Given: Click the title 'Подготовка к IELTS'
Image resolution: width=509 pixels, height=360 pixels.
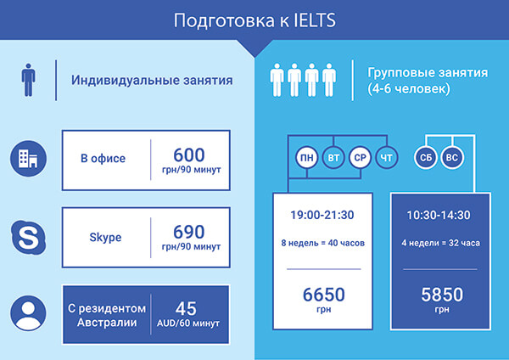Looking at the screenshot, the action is [x=255, y=20].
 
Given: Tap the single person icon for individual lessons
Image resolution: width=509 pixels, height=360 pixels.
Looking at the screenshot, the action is [x=28, y=80].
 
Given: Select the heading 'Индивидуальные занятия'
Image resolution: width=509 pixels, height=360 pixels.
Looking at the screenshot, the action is [x=152, y=81].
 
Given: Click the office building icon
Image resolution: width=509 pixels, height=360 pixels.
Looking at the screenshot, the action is [x=28, y=159].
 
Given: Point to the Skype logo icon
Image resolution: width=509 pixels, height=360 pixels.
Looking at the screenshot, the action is [x=29, y=237].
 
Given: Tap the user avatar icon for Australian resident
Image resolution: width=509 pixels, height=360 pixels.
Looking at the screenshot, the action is [x=28, y=313].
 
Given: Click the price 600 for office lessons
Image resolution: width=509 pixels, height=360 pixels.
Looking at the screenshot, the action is [x=189, y=155].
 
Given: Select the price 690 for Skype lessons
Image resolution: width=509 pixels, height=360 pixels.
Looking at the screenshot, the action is [x=189, y=232].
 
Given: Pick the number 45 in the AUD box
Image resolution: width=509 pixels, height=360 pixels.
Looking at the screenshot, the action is [x=186, y=309].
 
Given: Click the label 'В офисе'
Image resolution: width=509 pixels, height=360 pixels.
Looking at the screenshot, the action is [x=103, y=158].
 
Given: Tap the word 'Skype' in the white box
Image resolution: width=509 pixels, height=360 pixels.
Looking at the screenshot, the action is [x=105, y=237].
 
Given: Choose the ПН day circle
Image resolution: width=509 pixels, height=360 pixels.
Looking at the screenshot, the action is [x=307, y=158].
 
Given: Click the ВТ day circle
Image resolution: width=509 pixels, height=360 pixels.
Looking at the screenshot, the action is [x=333, y=158].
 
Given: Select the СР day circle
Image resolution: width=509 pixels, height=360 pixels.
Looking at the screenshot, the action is [x=360, y=158].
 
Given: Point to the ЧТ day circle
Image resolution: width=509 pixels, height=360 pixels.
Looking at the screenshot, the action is [x=387, y=158].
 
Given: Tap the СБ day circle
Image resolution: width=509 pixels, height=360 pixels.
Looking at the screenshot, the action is [x=426, y=158].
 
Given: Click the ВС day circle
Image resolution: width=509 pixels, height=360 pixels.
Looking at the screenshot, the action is [x=452, y=158].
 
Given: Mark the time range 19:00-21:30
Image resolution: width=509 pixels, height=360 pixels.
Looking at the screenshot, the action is [x=322, y=215].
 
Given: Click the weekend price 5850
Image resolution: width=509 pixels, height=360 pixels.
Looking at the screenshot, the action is [x=442, y=295].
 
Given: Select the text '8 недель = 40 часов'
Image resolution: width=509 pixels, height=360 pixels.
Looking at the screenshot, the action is [x=322, y=243].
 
